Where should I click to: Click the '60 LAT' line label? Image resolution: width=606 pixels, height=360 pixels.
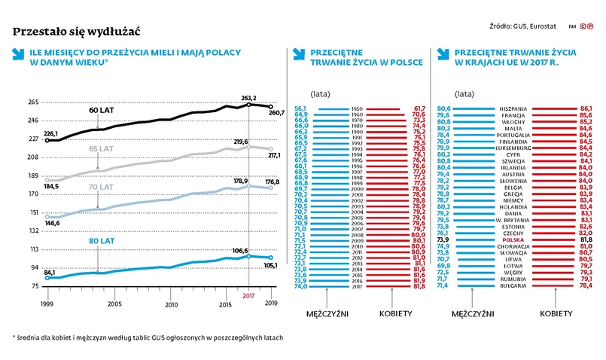pyautogui.click(x=102, y=111)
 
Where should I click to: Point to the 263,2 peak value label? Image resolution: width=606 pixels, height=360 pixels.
pyautogui.click(x=249, y=98)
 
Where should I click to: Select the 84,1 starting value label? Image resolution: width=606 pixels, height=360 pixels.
pyautogui.click(x=50, y=272)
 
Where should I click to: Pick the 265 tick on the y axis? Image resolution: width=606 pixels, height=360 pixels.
pyautogui.click(x=34, y=102)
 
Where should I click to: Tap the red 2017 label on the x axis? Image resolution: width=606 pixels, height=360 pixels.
pyautogui.click(x=249, y=296)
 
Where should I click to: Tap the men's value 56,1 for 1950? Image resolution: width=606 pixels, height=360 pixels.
pyautogui.click(x=301, y=108)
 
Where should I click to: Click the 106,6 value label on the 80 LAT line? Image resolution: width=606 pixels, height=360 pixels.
pyautogui.click(x=240, y=250)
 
